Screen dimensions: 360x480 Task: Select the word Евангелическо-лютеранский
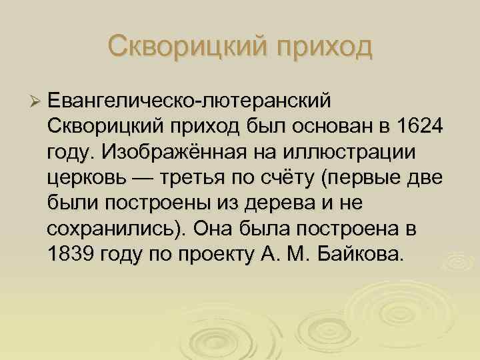[189, 101]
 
